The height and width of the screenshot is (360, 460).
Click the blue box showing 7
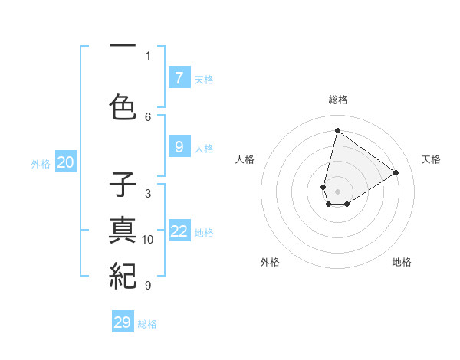pos(179,78)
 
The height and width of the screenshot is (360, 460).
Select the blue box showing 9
pos(179,147)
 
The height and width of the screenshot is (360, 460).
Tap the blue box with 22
pos(179,231)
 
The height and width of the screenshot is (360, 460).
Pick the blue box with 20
pos(66,162)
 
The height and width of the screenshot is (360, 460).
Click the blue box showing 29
pos(123,322)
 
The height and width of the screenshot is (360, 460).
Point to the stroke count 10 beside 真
pos(148,240)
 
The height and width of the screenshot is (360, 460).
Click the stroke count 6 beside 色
pos(148,116)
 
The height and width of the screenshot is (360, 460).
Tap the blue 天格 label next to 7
pos(204,80)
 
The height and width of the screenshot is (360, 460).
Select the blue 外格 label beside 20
pos(41,163)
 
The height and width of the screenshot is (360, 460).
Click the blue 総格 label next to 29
pos(147,324)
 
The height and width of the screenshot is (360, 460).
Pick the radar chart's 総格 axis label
pos(338,100)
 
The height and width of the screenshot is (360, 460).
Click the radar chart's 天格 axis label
pos(431,159)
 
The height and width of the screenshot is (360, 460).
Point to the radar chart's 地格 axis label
pos(402,262)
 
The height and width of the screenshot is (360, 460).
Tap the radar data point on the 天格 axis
pos(396,172)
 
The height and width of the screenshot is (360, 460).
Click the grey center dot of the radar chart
pos(338,191)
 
